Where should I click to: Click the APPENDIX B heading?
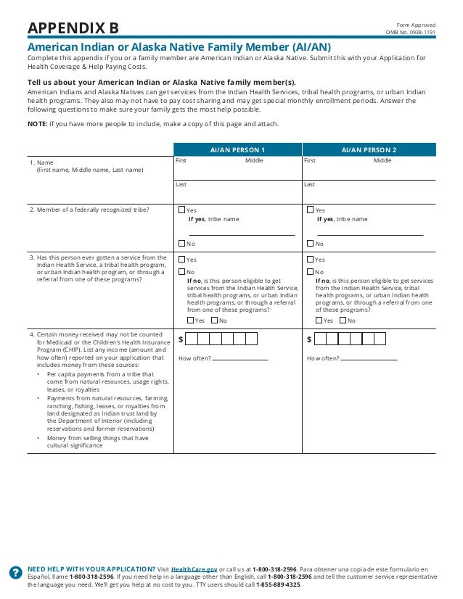(73, 28)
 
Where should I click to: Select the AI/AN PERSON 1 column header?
(237, 149)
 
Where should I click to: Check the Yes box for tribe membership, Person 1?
(182, 210)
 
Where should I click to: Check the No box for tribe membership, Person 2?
(311, 244)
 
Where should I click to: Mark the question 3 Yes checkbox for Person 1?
(182, 259)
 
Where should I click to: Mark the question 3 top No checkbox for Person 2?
(311, 272)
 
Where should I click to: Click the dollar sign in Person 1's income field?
(181, 339)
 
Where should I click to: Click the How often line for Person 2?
(369, 358)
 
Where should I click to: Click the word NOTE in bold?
(37, 124)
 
